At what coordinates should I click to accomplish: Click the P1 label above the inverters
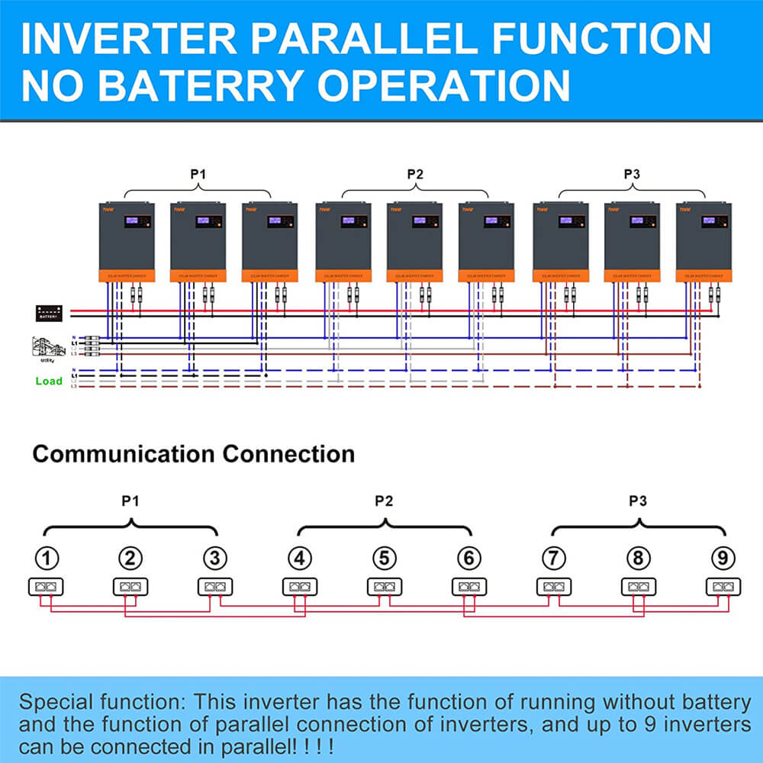[198, 174]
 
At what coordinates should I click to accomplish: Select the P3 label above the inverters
[631, 174]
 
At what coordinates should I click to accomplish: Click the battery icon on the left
[50, 313]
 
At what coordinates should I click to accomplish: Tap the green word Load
[49, 381]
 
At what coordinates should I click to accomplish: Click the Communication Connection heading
[193, 454]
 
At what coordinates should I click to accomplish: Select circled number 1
[48, 559]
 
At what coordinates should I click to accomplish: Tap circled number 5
[385, 559]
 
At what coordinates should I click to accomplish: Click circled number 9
[722, 559]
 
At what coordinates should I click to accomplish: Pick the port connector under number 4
[300, 587]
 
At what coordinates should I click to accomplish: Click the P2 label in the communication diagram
[384, 501]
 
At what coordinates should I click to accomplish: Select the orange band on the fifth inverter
[414, 275]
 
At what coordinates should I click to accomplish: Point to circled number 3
[216, 559]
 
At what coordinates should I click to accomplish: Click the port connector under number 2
[130, 587]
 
